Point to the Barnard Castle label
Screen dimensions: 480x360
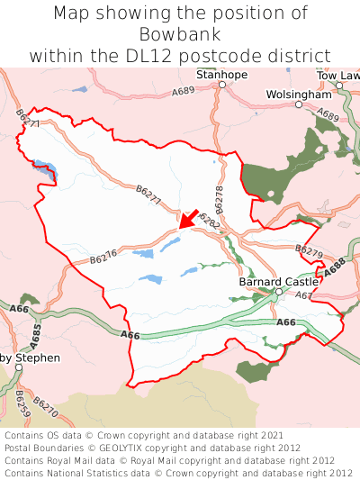[x=280, y=281]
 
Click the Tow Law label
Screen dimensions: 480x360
[x=338, y=75]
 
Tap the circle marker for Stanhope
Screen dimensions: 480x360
[x=221, y=85]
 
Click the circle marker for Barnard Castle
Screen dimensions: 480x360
[x=279, y=292]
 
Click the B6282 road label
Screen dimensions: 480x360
[x=207, y=220]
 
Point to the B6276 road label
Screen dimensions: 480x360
[x=103, y=257]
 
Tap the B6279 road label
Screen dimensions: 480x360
[x=308, y=251]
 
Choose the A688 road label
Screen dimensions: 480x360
[x=335, y=269]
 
